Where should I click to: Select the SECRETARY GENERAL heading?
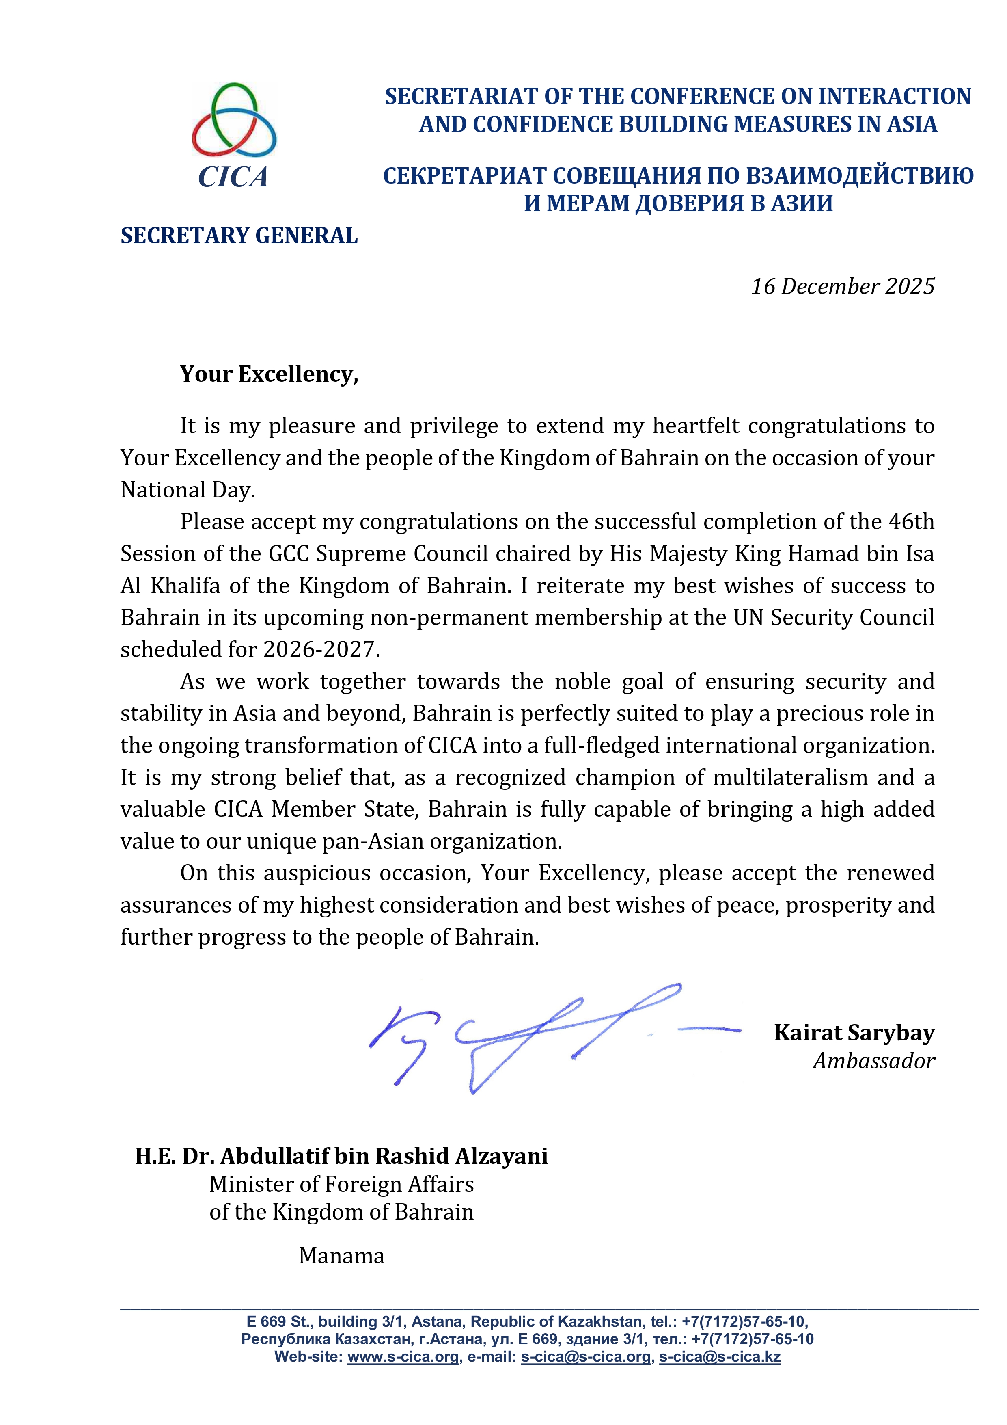pos(239,236)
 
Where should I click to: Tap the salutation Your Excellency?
pos(269,374)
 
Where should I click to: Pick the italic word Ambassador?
pos(873,1061)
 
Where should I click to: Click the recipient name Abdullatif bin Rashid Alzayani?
pos(384,1156)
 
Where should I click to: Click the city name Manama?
pos(341,1256)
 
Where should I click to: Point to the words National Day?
pos(188,490)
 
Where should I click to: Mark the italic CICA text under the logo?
pos(233,177)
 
